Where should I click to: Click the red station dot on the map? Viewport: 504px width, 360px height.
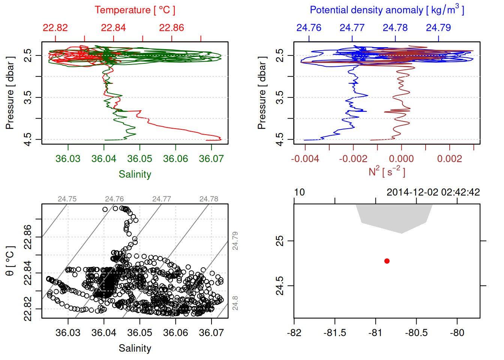coord(387,261)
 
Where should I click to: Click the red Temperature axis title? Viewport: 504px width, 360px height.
coord(135,10)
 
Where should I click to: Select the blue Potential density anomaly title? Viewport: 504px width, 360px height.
coord(387,10)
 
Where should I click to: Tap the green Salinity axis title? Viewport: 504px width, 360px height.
coord(135,174)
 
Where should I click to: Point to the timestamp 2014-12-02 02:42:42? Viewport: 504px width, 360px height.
coord(433,192)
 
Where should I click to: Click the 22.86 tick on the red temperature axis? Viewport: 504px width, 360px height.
coord(171,28)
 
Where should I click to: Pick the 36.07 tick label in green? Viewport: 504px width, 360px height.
coord(211,159)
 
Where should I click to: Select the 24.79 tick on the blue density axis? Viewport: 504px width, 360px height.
coord(438,28)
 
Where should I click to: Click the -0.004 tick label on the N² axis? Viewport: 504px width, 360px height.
coord(305,159)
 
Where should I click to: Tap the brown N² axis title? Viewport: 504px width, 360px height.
coord(387,172)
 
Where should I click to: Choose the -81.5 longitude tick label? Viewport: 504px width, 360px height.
coord(334,333)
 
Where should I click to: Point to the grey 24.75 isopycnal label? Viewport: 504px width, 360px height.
coord(67,199)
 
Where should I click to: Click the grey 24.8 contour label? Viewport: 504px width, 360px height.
coord(235,303)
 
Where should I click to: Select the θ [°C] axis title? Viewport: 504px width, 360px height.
coord(10,261)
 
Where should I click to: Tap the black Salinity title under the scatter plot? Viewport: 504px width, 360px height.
coord(135,348)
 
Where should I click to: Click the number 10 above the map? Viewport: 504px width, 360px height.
coord(299,192)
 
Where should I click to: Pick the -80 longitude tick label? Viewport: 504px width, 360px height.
coord(457,333)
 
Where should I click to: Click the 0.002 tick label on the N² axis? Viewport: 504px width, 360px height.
coord(449,159)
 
